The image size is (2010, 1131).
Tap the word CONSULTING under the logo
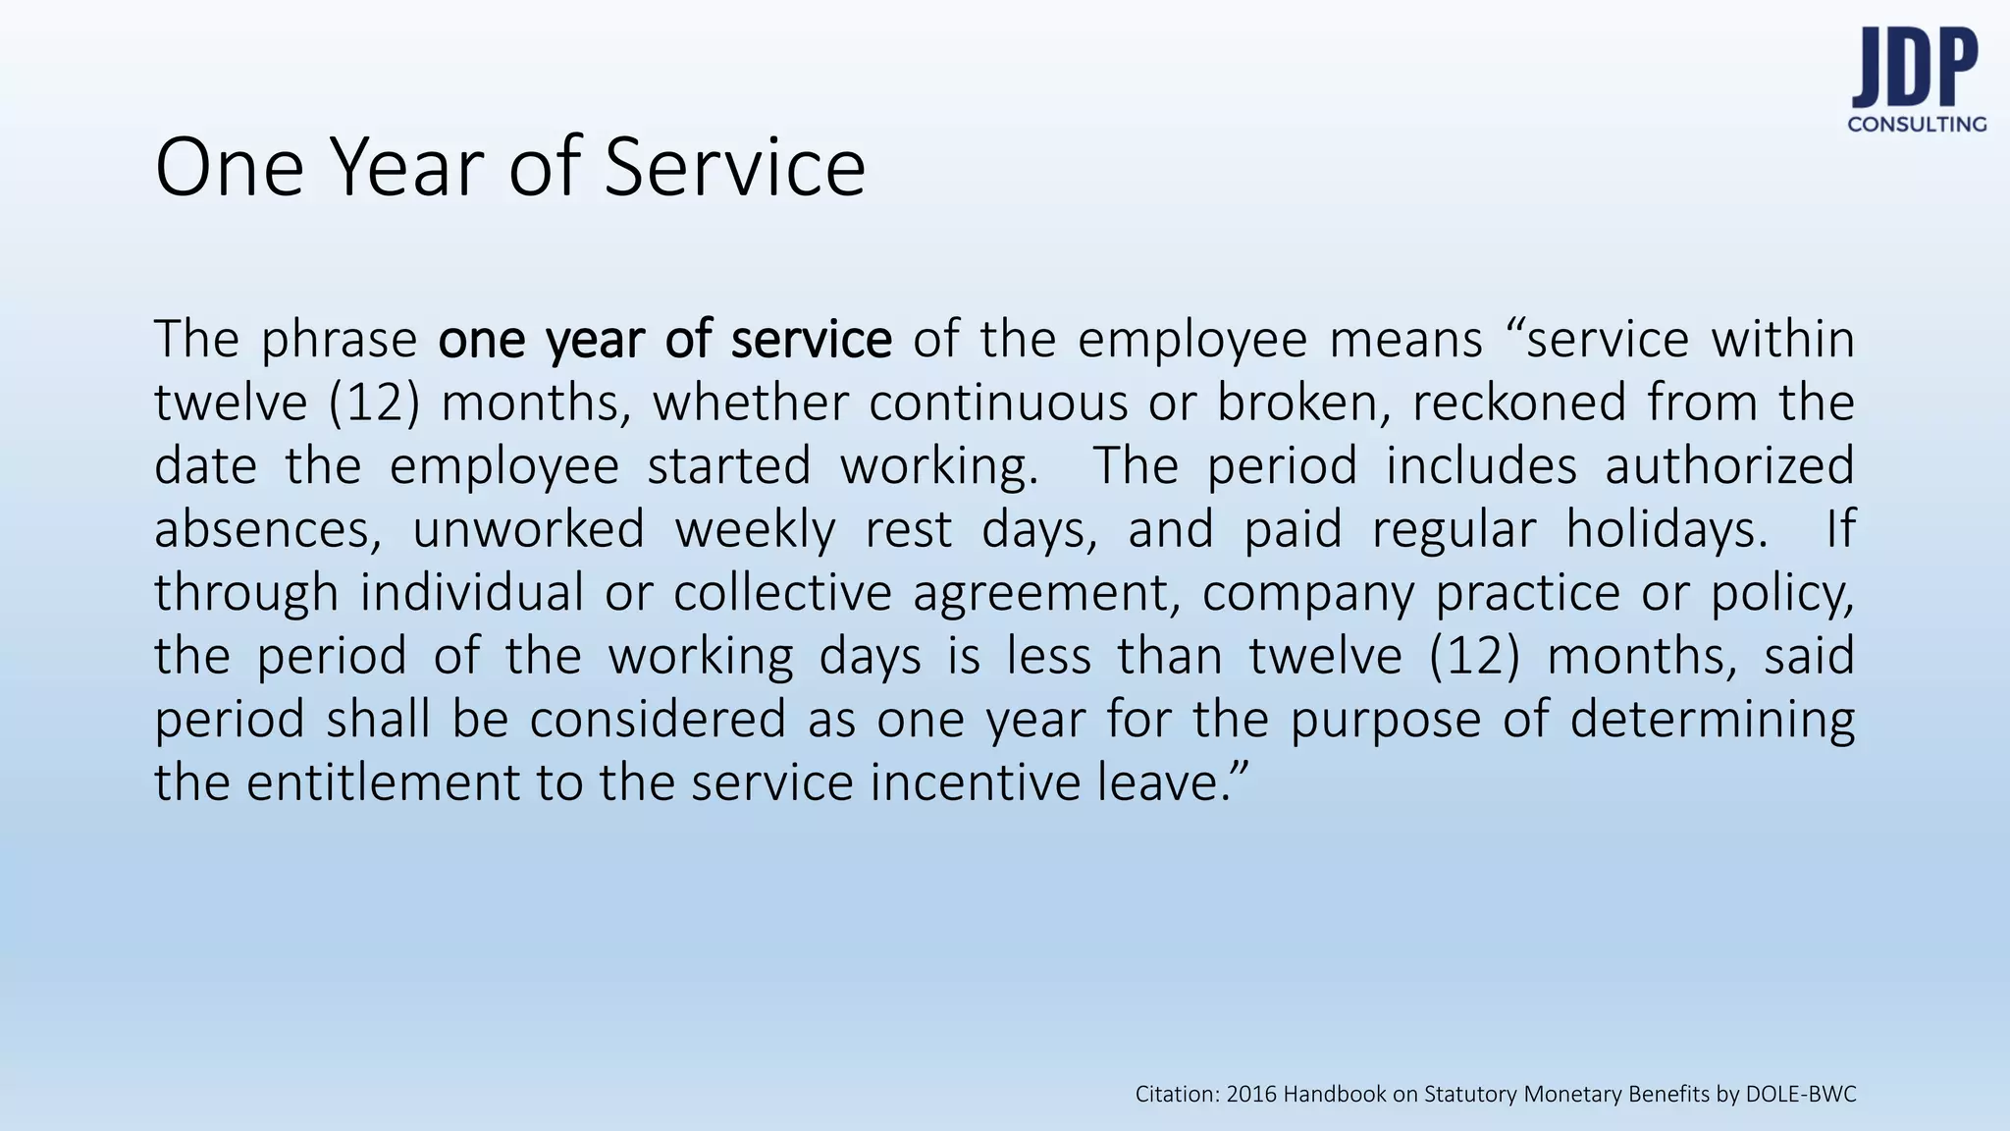click(1917, 125)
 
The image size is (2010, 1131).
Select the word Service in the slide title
click(734, 167)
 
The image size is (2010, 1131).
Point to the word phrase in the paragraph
click(340, 340)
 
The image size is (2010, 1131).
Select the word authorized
click(1729, 465)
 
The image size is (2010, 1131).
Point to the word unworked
click(528, 529)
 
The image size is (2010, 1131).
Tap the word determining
click(1713, 720)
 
